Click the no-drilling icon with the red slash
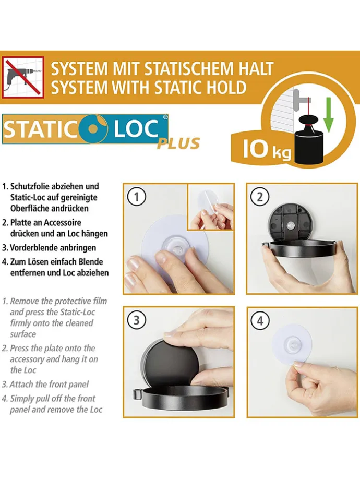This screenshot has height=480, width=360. point(23,77)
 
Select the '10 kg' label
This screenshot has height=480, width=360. point(267,150)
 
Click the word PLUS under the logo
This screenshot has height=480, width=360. point(178,143)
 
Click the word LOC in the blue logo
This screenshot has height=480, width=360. point(137,129)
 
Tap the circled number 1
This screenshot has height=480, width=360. point(137,197)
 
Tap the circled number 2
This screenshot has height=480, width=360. point(260,197)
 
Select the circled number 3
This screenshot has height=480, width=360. point(137,320)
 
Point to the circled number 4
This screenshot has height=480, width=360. point(260,321)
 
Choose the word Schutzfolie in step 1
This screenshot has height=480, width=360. point(30,186)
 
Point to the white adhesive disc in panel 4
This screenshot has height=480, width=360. point(292,344)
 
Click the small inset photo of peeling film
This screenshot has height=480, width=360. point(210,207)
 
